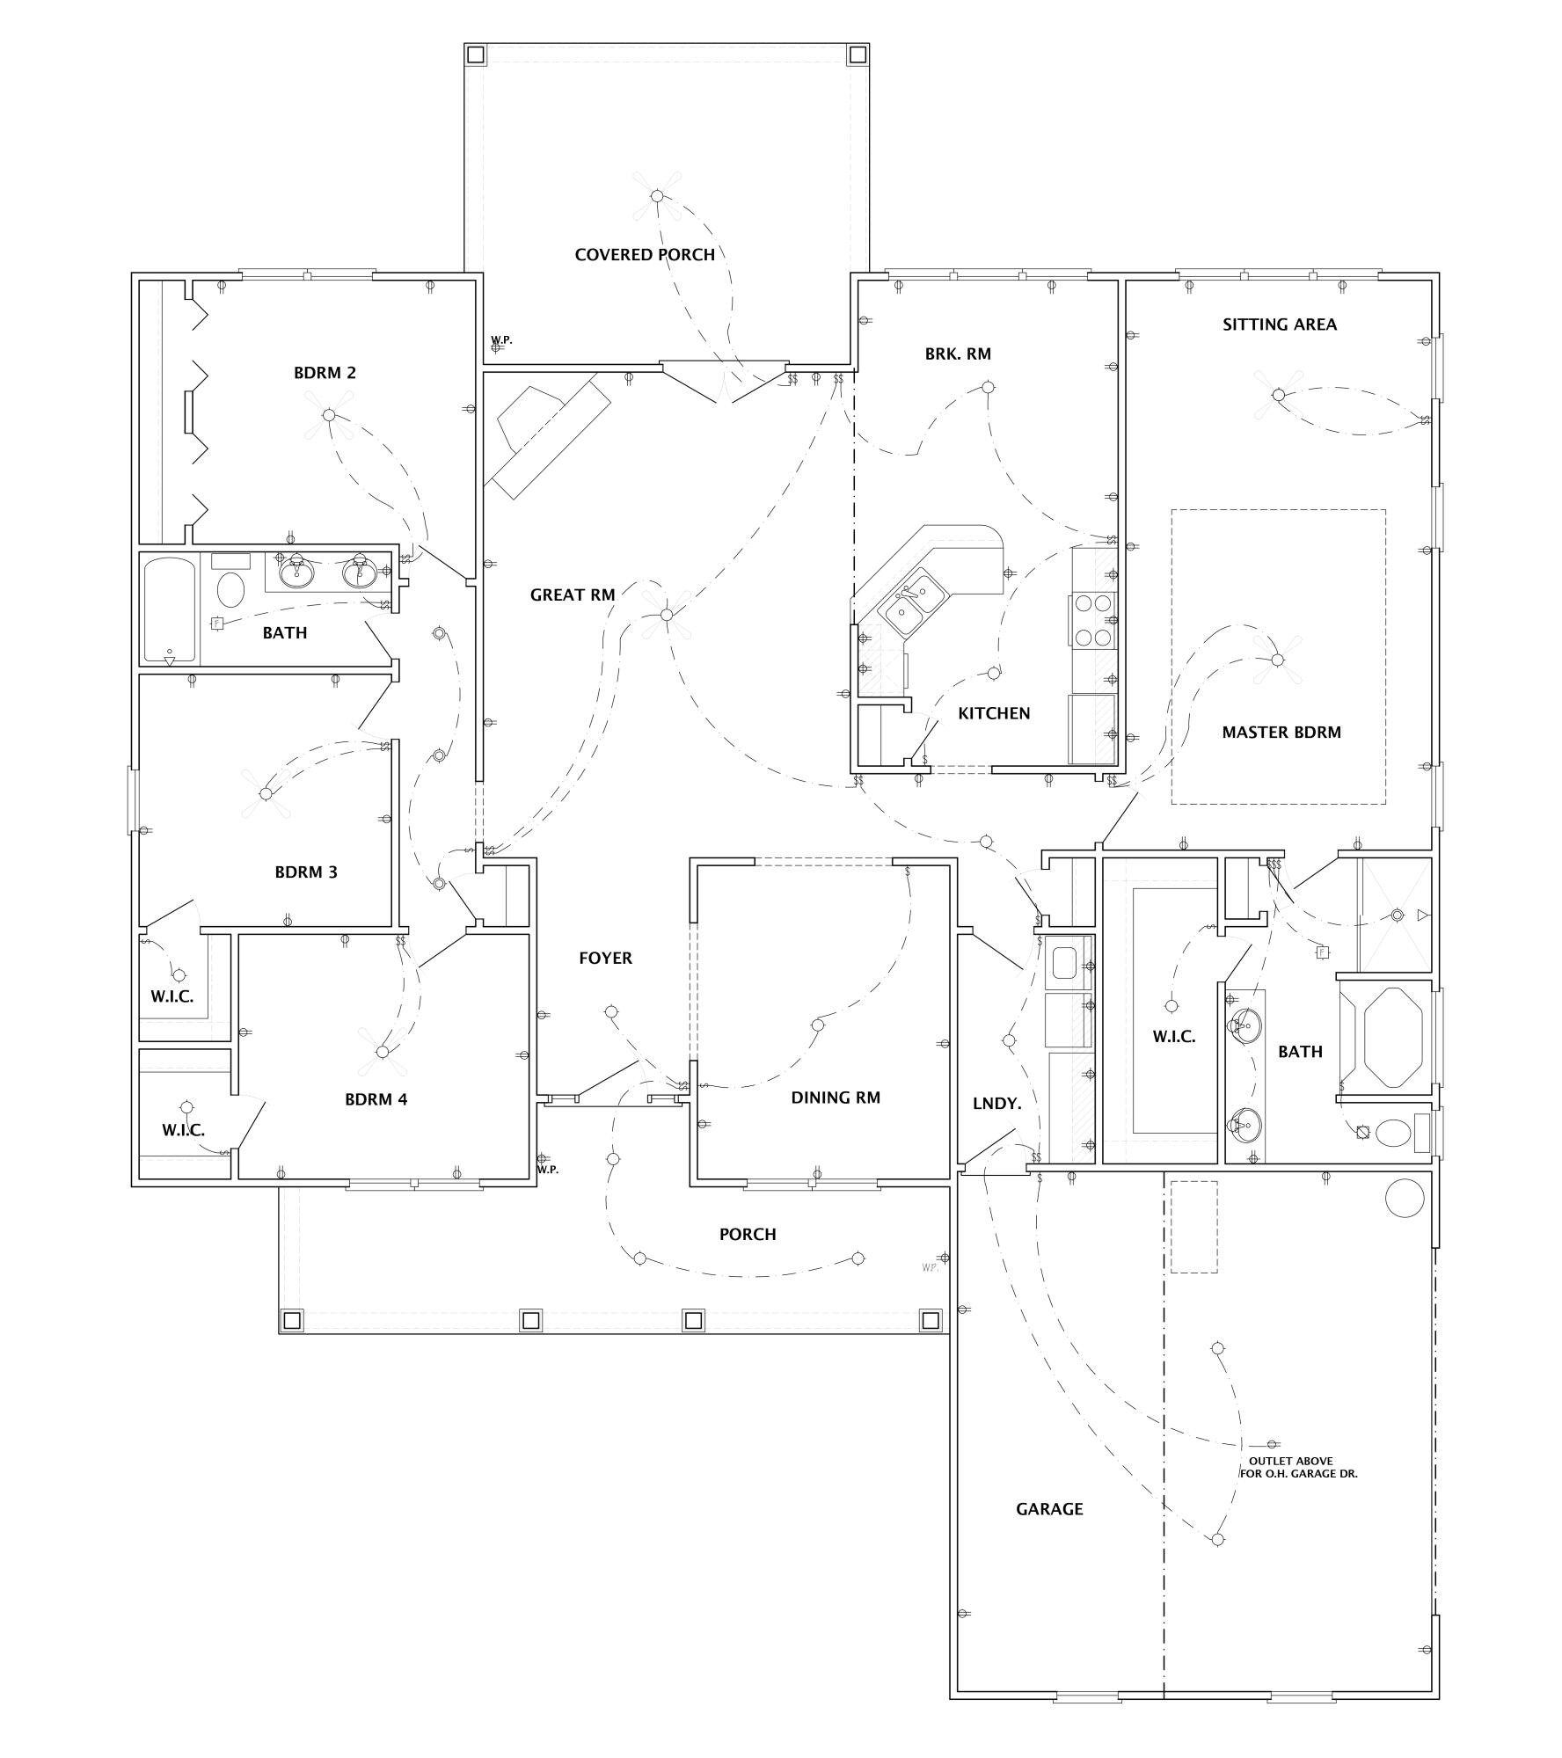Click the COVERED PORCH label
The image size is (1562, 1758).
pyautogui.click(x=644, y=255)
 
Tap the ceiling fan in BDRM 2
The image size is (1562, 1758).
pyautogui.click(x=328, y=415)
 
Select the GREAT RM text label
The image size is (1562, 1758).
pyautogui.click(x=572, y=595)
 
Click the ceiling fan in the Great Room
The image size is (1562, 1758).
pyautogui.click(x=667, y=615)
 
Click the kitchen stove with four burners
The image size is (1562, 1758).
pyautogui.click(x=1091, y=621)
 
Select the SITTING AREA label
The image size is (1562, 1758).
pyautogui.click(x=1279, y=325)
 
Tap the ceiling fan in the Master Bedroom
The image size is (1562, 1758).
pyautogui.click(x=1278, y=660)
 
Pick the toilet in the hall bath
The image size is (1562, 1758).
pyautogui.click(x=231, y=589)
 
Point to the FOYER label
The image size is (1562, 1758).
pyautogui.click(x=605, y=959)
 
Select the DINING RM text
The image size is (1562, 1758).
pyautogui.click(x=835, y=1098)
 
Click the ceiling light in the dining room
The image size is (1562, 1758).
pyautogui.click(x=817, y=1025)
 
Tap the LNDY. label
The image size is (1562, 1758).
pyautogui.click(x=996, y=1103)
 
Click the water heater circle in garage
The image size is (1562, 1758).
pyautogui.click(x=1404, y=1198)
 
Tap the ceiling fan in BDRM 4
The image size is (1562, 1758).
pyautogui.click(x=382, y=1052)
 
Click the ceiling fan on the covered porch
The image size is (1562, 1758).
pyautogui.click(x=656, y=195)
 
